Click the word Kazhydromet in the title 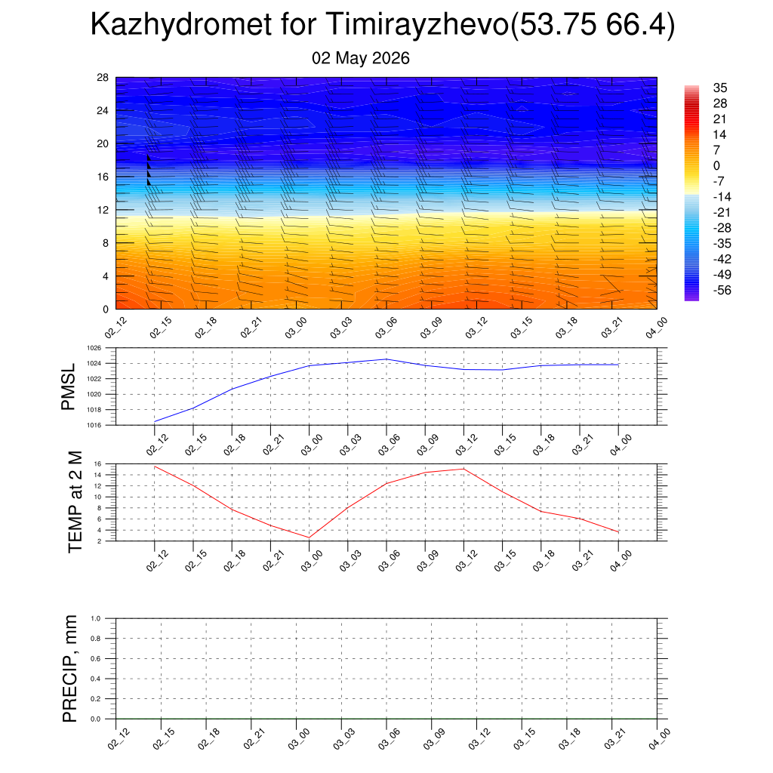(181, 24)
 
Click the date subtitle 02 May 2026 (360, 58)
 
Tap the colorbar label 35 (719, 88)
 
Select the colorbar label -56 (722, 290)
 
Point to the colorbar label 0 (716, 165)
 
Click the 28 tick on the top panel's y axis (103, 78)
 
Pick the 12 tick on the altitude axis (103, 210)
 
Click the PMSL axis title (68, 387)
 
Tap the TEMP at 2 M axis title (75, 502)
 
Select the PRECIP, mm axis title (69, 669)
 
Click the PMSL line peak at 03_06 (386, 359)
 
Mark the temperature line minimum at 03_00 (309, 537)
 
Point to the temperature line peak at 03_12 (463, 469)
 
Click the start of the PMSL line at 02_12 (155, 421)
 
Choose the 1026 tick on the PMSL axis (94, 348)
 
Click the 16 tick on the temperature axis (97, 464)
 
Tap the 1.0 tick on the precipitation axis (96, 618)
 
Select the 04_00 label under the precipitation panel (658, 740)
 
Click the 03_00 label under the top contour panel (296, 328)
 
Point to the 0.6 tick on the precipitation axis (96, 658)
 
